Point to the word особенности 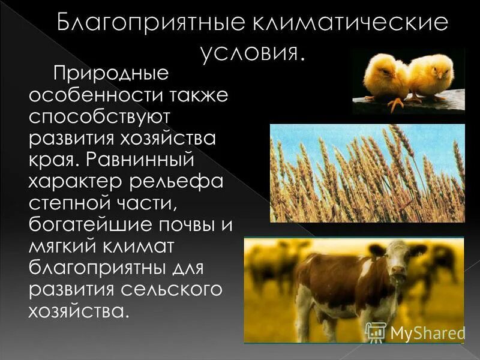coord(85,97)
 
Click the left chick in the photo coord(385,78)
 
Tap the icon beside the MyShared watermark coord(376,332)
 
